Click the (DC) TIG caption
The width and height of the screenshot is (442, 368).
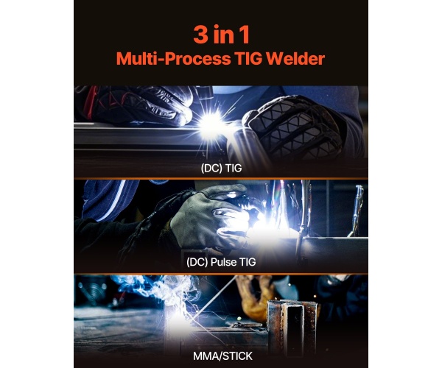tap(221, 168)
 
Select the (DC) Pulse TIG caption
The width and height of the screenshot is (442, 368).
tap(221, 262)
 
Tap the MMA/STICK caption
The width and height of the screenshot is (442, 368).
tap(222, 356)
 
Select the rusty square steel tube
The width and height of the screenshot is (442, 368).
tap(292, 327)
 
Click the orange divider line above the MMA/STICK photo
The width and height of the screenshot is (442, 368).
tap(221, 274)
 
